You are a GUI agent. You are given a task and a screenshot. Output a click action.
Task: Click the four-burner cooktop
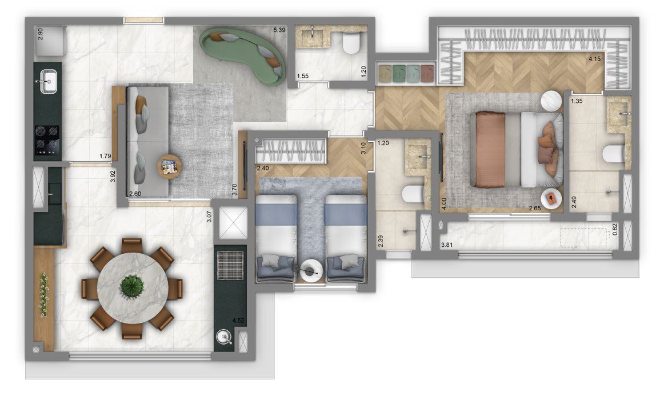(x=47, y=140)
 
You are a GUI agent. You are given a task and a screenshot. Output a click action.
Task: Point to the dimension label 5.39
(x=279, y=30)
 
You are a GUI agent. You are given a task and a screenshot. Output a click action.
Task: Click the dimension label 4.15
(x=596, y=59)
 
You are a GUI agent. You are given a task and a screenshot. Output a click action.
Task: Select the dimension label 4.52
(x=238, y=321)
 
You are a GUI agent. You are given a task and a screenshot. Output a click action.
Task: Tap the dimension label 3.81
(x=449, y=246)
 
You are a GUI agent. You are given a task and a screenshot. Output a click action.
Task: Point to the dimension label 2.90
(x=40, y=33)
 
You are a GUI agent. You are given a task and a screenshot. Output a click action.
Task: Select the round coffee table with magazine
(x=170, y=167)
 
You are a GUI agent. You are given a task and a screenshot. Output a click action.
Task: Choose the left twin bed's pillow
(x=277, y=263)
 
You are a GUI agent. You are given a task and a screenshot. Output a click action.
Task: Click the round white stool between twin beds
(x=311, y=270)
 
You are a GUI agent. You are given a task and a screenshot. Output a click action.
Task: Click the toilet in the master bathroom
(x=614, y=155)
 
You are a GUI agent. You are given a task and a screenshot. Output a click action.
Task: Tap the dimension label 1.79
(x=105, y=156)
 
